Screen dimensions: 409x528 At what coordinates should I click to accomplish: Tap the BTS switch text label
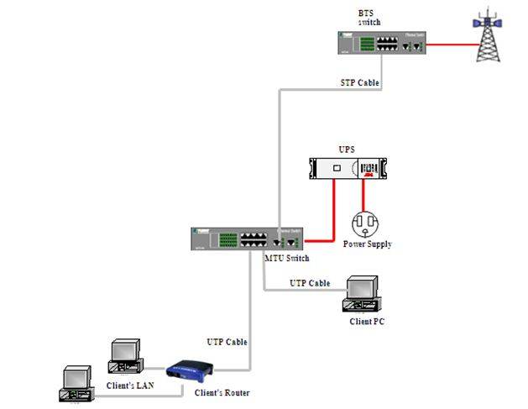(x=369, y=18)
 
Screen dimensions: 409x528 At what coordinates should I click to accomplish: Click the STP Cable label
(x=358, y=83)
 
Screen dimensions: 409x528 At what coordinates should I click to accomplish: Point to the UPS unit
(x=345, y=170)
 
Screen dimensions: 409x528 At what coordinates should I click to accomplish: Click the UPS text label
(x=346, y=149)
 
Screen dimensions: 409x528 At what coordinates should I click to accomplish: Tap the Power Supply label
(x=367, y=244)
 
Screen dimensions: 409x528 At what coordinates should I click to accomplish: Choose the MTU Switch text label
(x=286, y=258)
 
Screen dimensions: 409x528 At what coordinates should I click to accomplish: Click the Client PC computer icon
(x=364, y=296)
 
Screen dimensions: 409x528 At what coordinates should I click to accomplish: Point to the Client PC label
(x=367, y=322)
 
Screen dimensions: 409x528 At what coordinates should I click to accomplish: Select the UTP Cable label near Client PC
(x=310, y=283)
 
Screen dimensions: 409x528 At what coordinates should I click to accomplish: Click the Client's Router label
(x=222, y=392)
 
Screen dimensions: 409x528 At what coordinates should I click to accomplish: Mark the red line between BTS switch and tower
(x=445, y=45)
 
